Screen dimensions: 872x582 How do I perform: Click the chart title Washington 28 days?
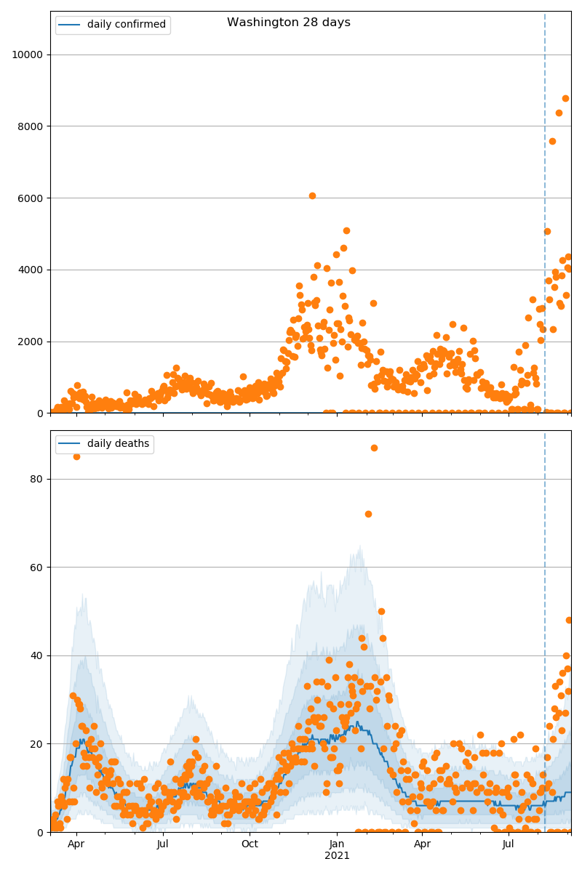pyautogui.click(x=289, y=23)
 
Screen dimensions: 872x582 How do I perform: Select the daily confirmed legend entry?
pyautogui.click(x=126, y=25)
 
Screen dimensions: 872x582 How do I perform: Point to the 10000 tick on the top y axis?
pyautogui.click(x=26, y=54)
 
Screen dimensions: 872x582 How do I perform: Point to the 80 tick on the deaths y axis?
pyautogui.click(x=36, y=480)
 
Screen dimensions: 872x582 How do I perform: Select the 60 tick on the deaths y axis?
pyautogui.click(x=36, y=568)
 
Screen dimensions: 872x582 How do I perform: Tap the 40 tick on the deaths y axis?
pyautogui.click(x=36, y=655)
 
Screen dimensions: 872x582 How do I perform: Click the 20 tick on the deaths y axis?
pyautogui.click(x=36, y=744)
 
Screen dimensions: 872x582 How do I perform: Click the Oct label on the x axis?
pyautogui.click(x=250, y=844)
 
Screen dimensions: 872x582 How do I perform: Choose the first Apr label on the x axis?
pyautogui.click(x=76, y=844)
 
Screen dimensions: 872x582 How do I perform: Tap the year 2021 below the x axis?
pyautogui.click(x=337, y=856)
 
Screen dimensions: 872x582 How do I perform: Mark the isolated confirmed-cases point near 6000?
pyautogui.click(x=312, y=195)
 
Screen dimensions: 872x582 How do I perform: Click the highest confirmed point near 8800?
pyautogui.click(x=565, y=98)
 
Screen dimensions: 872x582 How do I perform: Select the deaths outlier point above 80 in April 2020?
pyautogui.click(x=76, y=456)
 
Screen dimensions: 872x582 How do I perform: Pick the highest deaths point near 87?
pyautogui.click(x=374, y=448)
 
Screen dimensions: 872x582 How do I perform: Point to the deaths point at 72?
pyautogui.click(x=368, y=514)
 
